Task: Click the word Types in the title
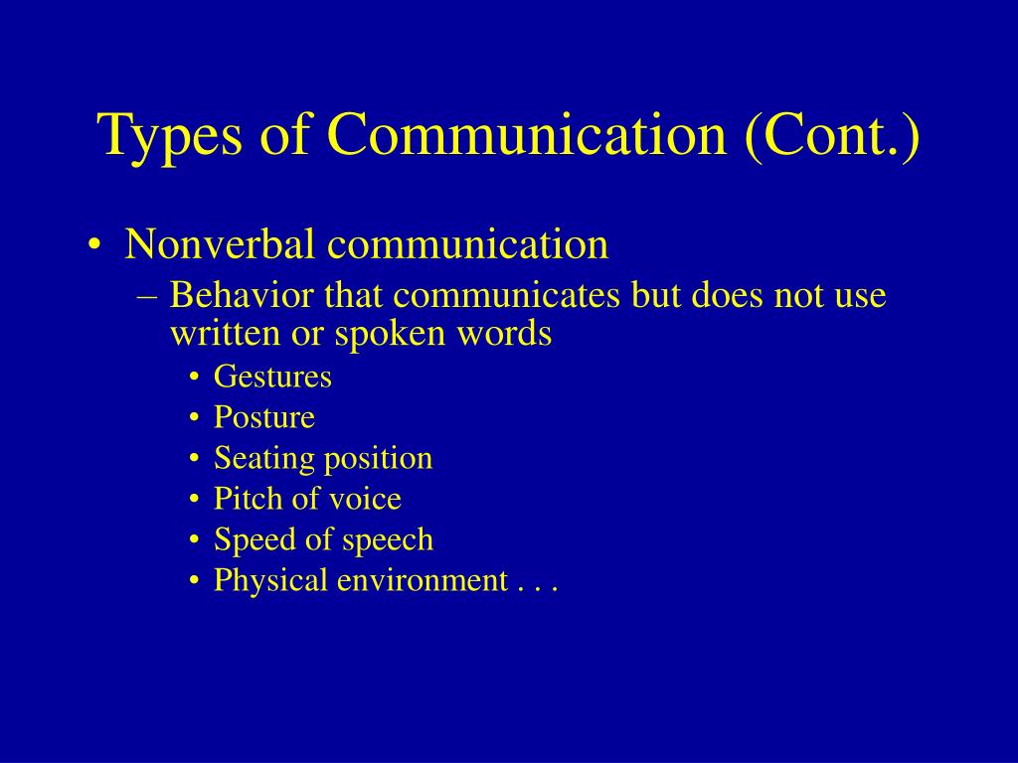point(170,137)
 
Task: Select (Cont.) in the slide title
point(832,135)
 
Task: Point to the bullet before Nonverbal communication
point(94,245)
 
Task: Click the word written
point(226,333)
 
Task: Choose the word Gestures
point(272,377)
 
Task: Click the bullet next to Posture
point(194,418)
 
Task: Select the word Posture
point(264,417)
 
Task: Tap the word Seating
point(263,459)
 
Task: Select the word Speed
point(251,539)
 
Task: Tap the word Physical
point(270,580)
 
